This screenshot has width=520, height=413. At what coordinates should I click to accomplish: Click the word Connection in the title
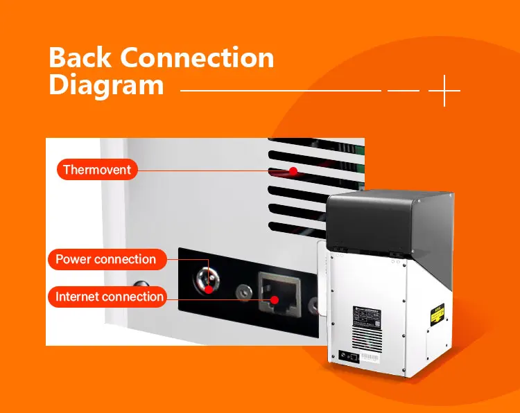pyautogui.click(x=200, y=58)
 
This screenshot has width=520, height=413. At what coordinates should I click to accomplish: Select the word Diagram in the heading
pyautogui.click(x=106, y=86)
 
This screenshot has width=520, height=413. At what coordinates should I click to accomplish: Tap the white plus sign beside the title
pyautogui.click(x=444, y=90)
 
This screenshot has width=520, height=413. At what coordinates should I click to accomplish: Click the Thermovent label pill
pyautogui.click(x=96, y=169)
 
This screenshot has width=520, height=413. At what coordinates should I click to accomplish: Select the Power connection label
pyautogui.click(x=105, y=259)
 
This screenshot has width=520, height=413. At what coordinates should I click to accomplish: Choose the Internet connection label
pyautogui.click(x=110, y=297)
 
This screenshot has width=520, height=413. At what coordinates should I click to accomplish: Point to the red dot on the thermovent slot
pyautogui.click(x=293, y=170)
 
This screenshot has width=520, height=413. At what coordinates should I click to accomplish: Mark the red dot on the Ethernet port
pyautogui.click(x=275, y=300)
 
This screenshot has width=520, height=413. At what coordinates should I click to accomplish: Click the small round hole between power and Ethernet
pyautogui.click(x=243, y=292)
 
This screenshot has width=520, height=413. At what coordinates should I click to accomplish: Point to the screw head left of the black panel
pyautogui.click(x=141, y=286)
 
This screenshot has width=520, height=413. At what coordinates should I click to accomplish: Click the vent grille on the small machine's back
pyautogui.click(x=366, y=341)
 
